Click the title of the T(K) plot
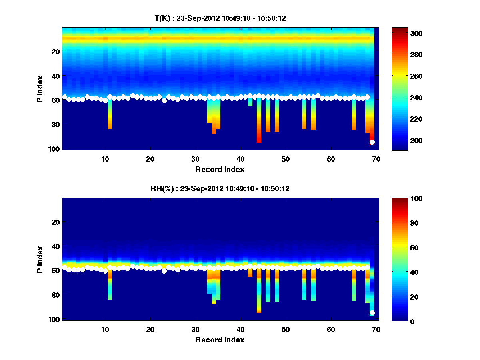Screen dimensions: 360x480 [220, 18]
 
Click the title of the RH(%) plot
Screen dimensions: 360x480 [220, 188]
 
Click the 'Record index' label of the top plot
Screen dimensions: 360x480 [220, 169]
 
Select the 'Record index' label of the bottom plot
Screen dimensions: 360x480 [220, 340]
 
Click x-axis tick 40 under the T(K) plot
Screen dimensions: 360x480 [240, 159]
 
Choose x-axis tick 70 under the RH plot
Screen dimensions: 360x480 [376, 329]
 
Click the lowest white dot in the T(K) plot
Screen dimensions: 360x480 [372, 142]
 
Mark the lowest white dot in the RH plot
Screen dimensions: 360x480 [372, 312]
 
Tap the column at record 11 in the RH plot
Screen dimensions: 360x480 [110, 286]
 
